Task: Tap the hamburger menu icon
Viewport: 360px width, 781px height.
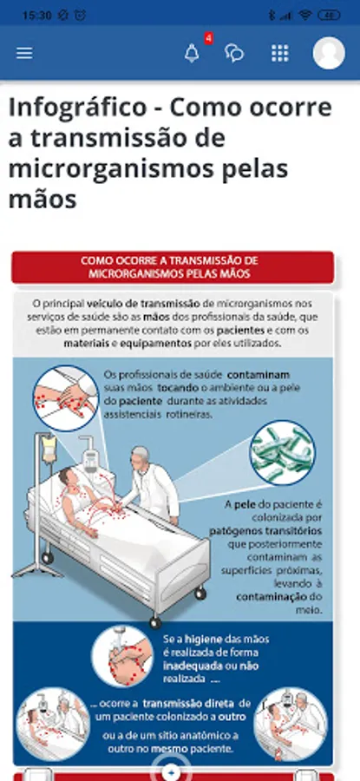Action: coord(24,53)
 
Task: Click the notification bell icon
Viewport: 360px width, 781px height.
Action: coord(192,53)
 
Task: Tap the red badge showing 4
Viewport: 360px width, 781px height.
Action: coord(209,38)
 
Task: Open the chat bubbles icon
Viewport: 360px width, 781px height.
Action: coord(234,53)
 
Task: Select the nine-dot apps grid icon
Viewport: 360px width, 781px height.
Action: coord(280,53)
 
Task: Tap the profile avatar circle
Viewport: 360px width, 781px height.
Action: coord(329,53)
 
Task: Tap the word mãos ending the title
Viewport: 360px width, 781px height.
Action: coord(43,200)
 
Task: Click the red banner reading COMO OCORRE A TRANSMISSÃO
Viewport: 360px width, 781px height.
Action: coord(173,267)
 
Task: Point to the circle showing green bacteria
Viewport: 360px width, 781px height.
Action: coord(282,453)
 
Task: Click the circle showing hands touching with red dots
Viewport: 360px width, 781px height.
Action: coord(66,398)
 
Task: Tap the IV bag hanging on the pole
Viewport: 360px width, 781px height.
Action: coord(49,448)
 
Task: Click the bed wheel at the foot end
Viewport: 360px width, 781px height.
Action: coord(155,622)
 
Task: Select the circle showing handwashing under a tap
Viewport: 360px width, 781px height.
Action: coord(122,657)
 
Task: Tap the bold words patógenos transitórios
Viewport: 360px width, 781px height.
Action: coord(265,530)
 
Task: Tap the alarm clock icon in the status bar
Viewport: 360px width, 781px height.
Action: coord(80,16)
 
